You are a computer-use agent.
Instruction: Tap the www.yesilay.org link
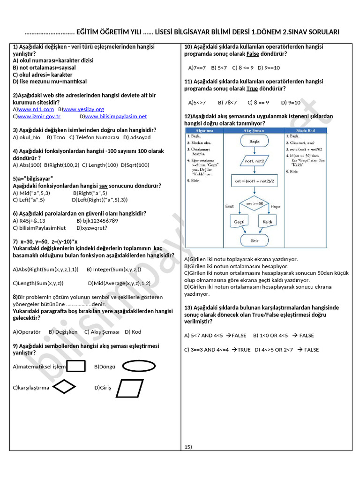coord(83,109)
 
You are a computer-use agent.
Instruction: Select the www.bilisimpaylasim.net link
coord(116,116)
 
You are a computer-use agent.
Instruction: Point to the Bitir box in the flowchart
coord(255,240)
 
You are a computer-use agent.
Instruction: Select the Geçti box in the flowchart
coord(239,221)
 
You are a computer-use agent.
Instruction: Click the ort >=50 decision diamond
coord(255,203)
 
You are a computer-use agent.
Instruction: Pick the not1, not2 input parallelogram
coord(255,161)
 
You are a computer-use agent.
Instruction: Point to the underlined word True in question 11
coord(252,89)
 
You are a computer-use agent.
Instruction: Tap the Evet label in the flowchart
coord(230,206)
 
